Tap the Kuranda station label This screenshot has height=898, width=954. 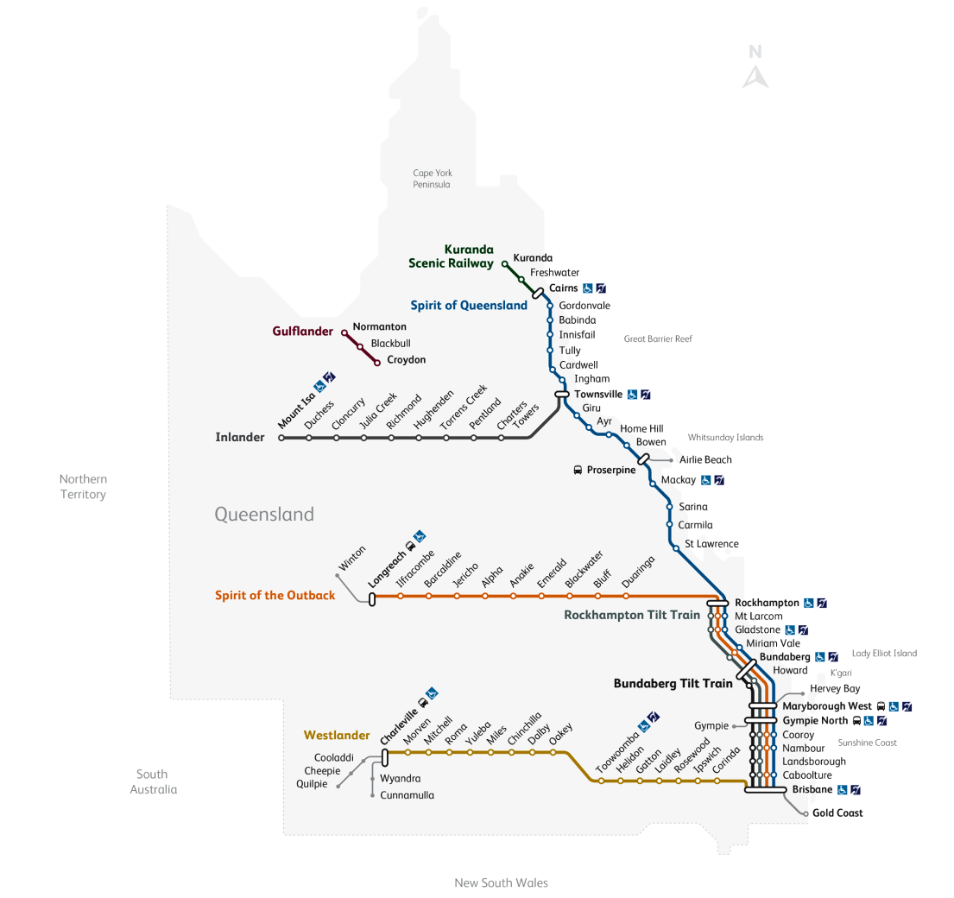pos(533,258)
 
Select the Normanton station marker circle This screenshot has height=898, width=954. pos(344,332)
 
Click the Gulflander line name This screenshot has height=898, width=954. pos(302,331)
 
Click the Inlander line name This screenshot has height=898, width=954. pos(240,437)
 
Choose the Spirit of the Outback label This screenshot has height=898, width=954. pos(275,595)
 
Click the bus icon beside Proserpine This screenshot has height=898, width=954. pos(578,470)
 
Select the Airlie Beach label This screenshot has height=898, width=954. pos(705,460)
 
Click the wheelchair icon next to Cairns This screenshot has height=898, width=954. pos(587,288)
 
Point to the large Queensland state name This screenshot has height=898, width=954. pos(264,515)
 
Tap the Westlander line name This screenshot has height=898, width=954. pos(337,736)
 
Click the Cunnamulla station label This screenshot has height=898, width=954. pos(408,795)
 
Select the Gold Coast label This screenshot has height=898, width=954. pos(837,813)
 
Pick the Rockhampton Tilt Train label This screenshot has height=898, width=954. pos(632,616)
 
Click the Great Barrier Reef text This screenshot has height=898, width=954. pos(658,339)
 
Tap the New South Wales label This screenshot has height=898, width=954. pos(501,882)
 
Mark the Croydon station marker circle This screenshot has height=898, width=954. pos(377,363)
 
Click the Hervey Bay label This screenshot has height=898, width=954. pos(835,689)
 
